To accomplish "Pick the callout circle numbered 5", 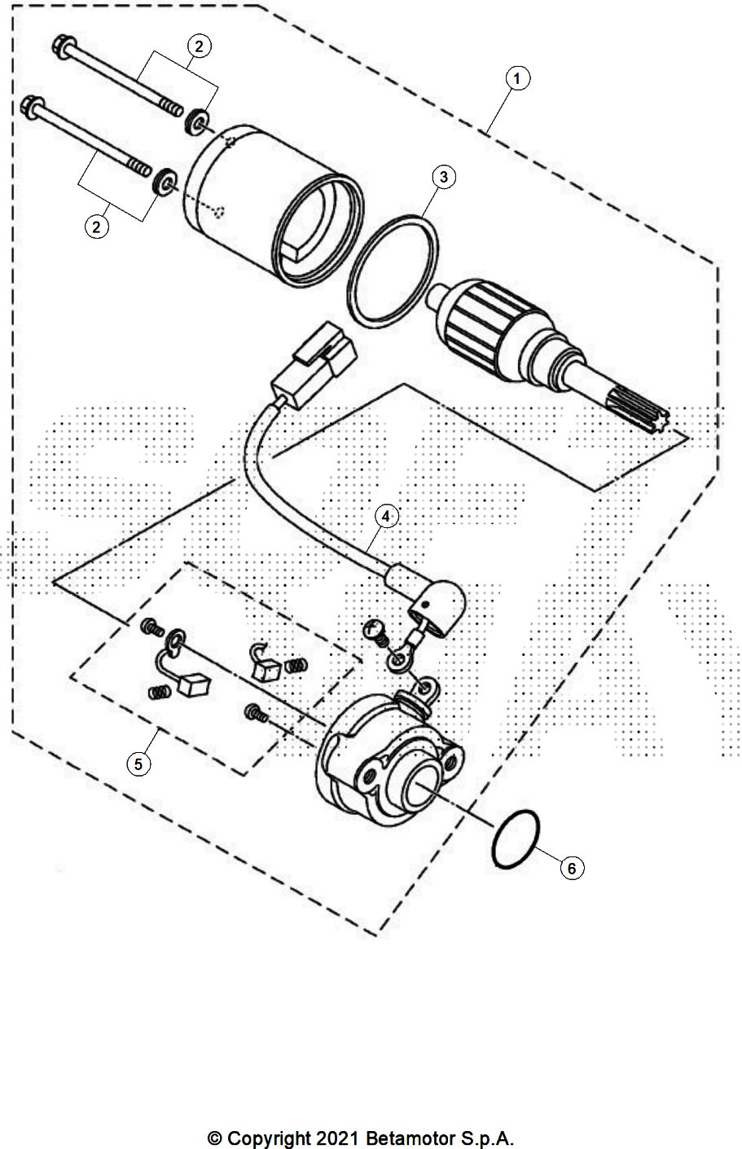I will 138,764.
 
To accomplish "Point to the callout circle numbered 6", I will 572,869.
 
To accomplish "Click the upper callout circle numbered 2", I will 198,46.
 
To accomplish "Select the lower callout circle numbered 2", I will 97,227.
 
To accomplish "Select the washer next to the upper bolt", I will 196,123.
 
